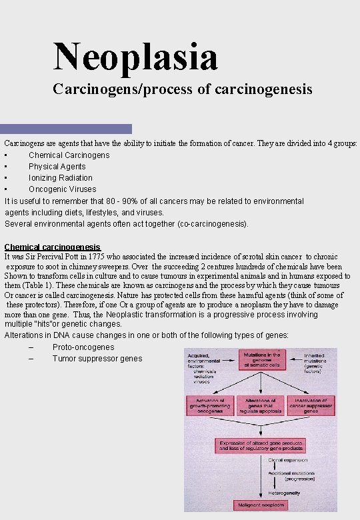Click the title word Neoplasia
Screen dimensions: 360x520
point(136,56)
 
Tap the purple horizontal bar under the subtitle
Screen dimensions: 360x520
point(66,129)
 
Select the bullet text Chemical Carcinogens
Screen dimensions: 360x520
point(69,155)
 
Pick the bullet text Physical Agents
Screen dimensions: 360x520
point(57,167)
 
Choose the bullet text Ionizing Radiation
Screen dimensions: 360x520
point(61,178)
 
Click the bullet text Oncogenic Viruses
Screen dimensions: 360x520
point(62,189)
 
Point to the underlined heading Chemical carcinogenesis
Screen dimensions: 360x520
point(53,247)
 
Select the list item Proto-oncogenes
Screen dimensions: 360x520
point(83,347)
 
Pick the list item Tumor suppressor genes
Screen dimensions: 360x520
point(97,359)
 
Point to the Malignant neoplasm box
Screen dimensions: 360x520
point(261,505)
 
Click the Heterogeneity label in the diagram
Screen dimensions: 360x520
point(283,493)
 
